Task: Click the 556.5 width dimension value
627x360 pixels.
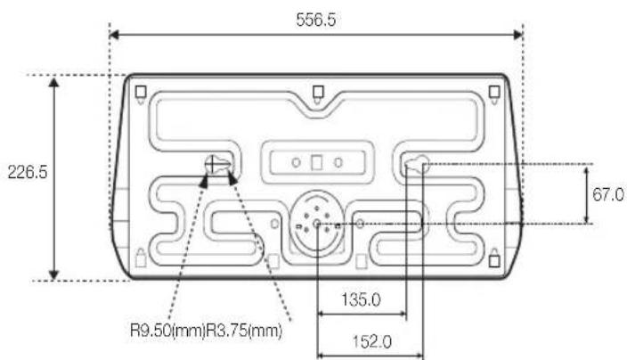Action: pos(316,20)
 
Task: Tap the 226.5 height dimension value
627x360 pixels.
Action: pos(28,172)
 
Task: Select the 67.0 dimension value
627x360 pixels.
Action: pos(607,195)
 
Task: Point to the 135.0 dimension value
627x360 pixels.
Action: pos(361,299)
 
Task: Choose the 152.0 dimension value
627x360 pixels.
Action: pos(372,342)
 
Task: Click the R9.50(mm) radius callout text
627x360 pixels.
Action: pos(168,331)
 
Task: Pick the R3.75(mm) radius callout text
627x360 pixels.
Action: pos(244,331)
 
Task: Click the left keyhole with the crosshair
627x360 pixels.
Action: pos(217,164)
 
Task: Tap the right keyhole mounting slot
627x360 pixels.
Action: pos(418,164)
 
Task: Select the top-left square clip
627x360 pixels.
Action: pos(141,93)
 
